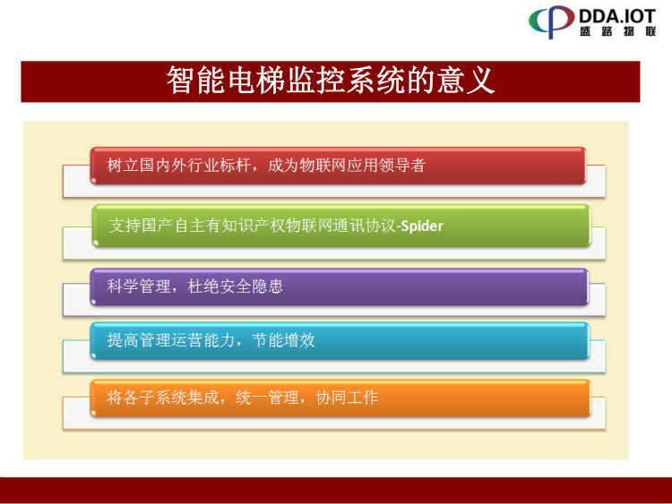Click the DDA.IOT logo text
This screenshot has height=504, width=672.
617,16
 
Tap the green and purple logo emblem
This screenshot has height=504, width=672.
552,21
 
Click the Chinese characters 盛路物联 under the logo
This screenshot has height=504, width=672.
618,31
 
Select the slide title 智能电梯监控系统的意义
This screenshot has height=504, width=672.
331,81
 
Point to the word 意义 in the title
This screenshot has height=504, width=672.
466,81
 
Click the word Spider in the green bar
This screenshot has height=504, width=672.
422,226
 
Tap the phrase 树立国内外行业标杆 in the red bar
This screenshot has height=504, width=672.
178,166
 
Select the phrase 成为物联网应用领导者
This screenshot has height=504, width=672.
347,166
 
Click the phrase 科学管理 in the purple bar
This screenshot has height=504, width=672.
138,286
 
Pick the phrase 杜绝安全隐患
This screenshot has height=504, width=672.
236,286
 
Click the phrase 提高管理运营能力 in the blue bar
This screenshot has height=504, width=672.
171,340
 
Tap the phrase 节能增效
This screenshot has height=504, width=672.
283,340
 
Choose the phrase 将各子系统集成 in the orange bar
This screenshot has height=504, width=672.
163,397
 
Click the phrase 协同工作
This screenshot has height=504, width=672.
347,397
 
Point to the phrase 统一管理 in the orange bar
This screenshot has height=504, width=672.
267,397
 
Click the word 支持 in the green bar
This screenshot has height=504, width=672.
125,226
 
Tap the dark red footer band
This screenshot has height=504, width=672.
336,491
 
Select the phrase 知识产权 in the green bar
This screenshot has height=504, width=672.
254,226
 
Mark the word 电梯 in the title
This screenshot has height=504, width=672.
256,81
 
